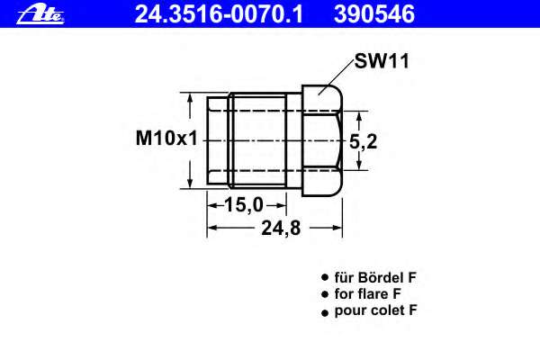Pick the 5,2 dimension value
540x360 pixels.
[363, 140]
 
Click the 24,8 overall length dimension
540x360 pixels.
[280, 228]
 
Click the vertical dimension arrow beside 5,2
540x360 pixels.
[359, 140]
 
